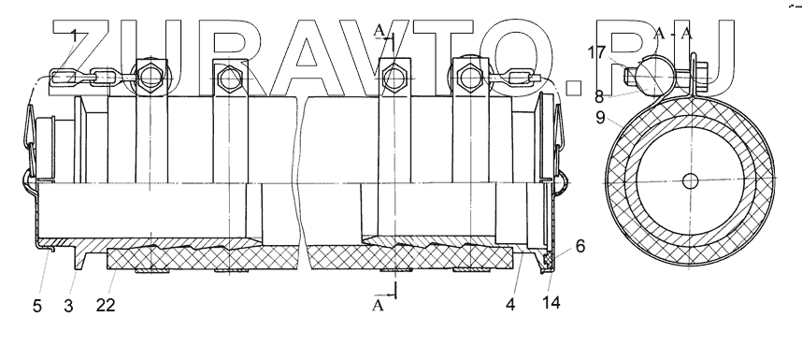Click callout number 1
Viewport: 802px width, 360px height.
click(74, 36)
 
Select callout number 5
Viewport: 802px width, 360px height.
click(37, 306)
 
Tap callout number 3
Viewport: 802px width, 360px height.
click(68, 306)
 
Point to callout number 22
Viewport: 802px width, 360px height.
click(106, 305)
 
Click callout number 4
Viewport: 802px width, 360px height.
click(510, 304)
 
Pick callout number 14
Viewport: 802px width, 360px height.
click(551, 302)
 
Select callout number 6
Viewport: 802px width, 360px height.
click(580, 246)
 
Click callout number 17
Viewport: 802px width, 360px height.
click(596, 52)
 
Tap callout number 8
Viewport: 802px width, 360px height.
click(599, 96)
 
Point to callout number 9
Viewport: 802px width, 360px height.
click(600, 118)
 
